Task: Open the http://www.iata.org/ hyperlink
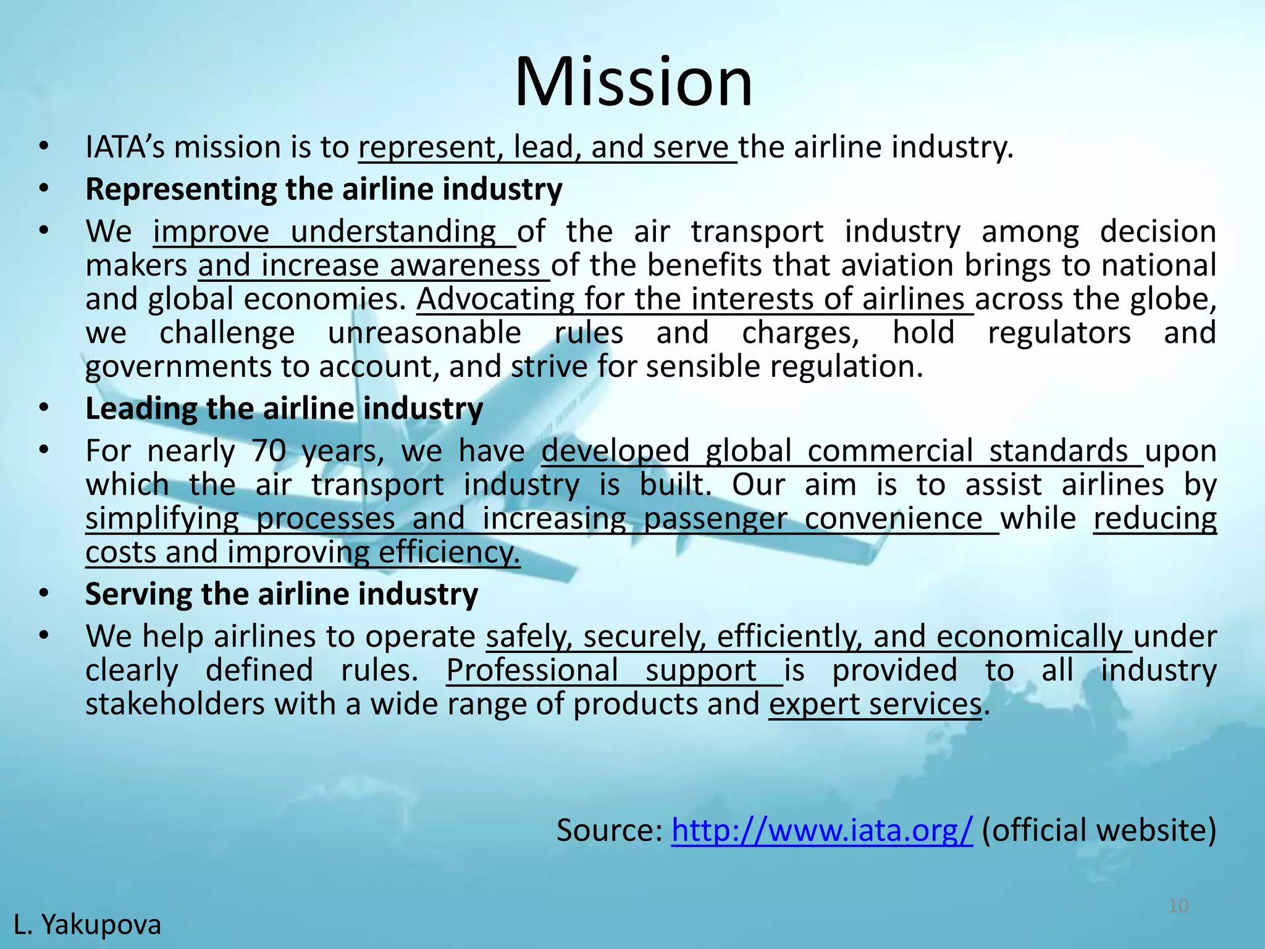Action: pos(822,830)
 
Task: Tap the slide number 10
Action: pos(1179,906)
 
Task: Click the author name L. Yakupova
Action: pos(87,925)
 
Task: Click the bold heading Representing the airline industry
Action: pos(324,189)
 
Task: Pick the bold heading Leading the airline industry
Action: pos(284,409)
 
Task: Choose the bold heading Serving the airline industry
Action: pos(282,594)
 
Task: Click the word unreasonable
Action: pos(424,333)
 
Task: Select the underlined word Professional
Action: pos(532,670)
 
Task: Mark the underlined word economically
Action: pos(1030,637)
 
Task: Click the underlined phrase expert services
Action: pos(875,704)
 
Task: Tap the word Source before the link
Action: pos(609,830)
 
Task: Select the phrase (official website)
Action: pos(1098,830)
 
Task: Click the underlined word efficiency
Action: pos(449,552)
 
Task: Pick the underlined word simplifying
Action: pos(162,518)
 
